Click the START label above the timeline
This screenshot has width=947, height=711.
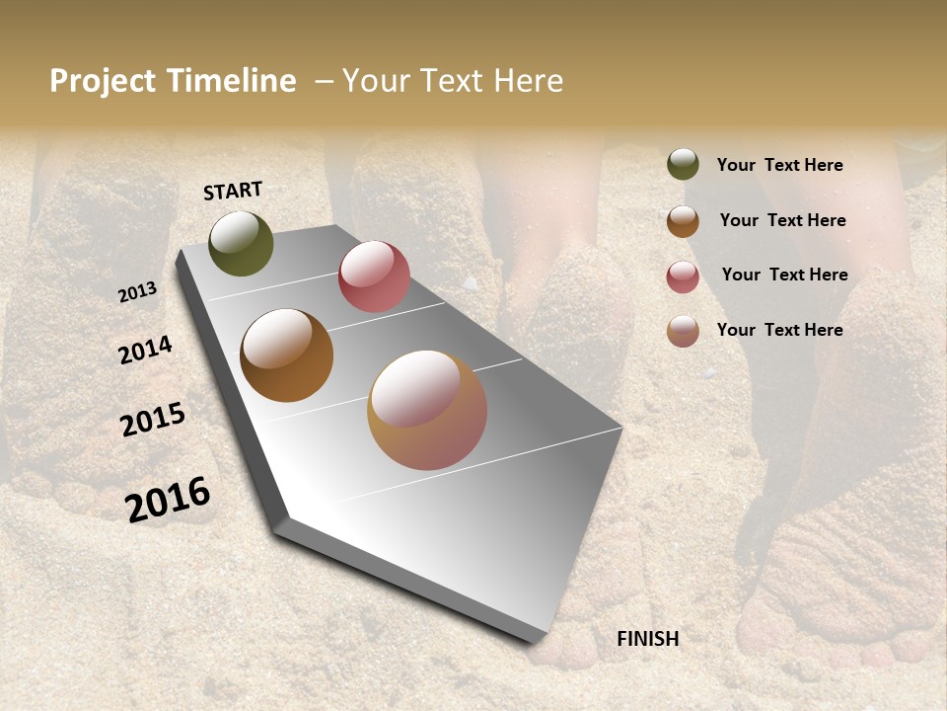[x=233, y=191]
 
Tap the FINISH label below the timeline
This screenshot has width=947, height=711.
[x=647, y=639]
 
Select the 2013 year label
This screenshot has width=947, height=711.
[x=137, y=292]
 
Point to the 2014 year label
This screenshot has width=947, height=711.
[x=145, y=350]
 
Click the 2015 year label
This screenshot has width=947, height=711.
[x=153, y=420]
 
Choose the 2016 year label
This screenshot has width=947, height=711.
[x=168, y=499]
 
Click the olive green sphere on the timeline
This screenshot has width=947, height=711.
[x=241, y=243]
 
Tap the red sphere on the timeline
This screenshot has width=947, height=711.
[x=374, y=276]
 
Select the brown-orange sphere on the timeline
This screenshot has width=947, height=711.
[x=286, y=355]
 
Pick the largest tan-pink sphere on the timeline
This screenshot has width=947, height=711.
[x=427, y=410]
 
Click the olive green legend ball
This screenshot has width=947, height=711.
[x=683, y=165]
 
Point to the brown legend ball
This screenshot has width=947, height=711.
[x=683, y=221]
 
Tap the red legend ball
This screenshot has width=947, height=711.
[x=683, y=276]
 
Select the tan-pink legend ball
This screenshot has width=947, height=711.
[x=683, y=331]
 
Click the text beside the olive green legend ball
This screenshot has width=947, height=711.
[x=779, y=165]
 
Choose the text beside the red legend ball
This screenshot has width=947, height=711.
[x=784, y=275]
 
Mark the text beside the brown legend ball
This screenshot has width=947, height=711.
[x=782, y=220]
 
